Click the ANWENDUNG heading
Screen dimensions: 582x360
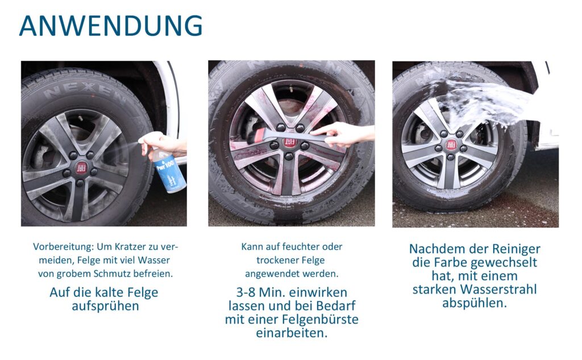click(111, 26)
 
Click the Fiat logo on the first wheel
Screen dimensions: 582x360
click(81, 168)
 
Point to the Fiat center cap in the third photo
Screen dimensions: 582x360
click(451, 144)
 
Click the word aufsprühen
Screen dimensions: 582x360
click(105, 307)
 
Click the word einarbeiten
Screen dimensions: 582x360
click(292, 333)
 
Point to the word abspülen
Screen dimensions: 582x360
click(475, 303)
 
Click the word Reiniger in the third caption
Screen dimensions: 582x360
click(516, 249)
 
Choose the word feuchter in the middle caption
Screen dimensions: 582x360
click(301, 247)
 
